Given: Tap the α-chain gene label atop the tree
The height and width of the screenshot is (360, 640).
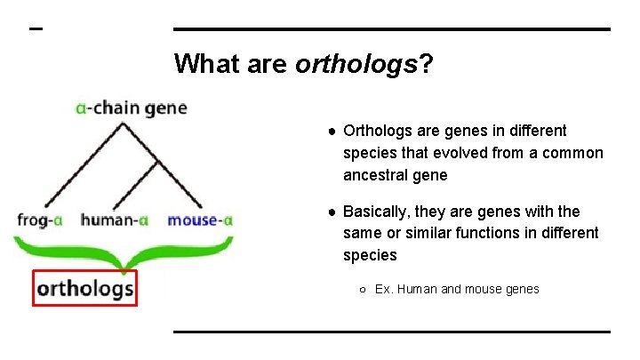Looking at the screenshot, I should [132, 108].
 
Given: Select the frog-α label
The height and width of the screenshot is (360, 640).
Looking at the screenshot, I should [44, 219].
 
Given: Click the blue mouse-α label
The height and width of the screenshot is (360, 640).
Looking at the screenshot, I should [200, 219].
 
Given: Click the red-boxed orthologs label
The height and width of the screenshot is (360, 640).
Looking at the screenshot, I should [85, 287].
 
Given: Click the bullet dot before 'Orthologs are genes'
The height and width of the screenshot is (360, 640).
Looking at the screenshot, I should [331, 132].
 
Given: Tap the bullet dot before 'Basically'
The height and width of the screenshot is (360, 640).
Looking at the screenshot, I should [331, 212].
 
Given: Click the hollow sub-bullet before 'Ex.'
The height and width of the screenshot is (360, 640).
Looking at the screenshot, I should [364, 289].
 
